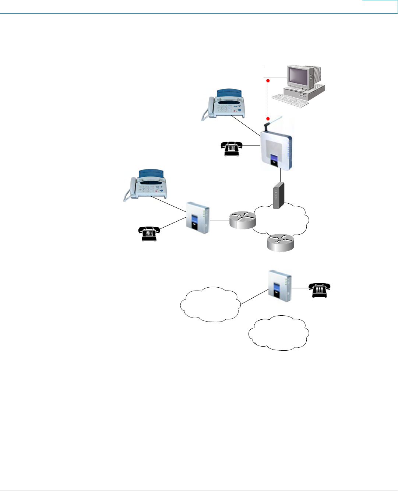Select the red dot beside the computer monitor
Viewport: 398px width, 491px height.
click(268, 80)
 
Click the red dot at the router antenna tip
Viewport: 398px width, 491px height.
click(268, 119)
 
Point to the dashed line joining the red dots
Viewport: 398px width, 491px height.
click(268, 99)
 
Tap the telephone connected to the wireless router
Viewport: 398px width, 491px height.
click(231, 149)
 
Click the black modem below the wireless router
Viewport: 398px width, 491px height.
click(279, 196)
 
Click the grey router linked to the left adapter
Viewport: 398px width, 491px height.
click(243, 220)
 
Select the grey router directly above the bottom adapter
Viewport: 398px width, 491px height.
click(281, 243)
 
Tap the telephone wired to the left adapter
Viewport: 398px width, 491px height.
click(149, 234)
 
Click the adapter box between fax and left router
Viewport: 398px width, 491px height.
click(198, 218)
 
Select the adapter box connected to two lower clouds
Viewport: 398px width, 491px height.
click(280, 286)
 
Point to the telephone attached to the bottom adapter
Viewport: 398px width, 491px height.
click(319, 290)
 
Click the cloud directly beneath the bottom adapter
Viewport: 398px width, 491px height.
click(279, 334)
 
